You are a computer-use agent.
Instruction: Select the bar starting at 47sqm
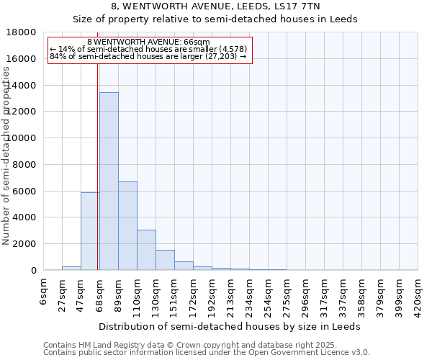pyautogui.click(x=90, y=231)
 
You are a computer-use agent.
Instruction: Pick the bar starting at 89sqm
pyautogui.click(x=127, y=226)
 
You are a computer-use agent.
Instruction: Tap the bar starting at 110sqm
pyautogui.click(x=146, y=250)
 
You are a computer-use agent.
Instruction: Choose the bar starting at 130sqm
pyautogui.click(x=165, y=260)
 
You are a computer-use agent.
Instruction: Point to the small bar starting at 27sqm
pyautogui.click(x=71, y=268)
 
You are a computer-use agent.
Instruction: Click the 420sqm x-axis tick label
pyautogui.click(x=418, y=292)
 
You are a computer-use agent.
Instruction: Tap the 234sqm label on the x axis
pyautogui.click(x=249, y=292)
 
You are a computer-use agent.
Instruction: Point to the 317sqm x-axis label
pyautogui.click(x=324, y=292)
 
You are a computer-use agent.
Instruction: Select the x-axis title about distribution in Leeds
pyautogui.click(x=230, y=326)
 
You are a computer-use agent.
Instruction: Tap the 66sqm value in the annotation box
pyautogui.click(x=198, y=42)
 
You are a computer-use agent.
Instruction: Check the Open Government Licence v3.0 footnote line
pyautogui.click(x=207, y=352)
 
